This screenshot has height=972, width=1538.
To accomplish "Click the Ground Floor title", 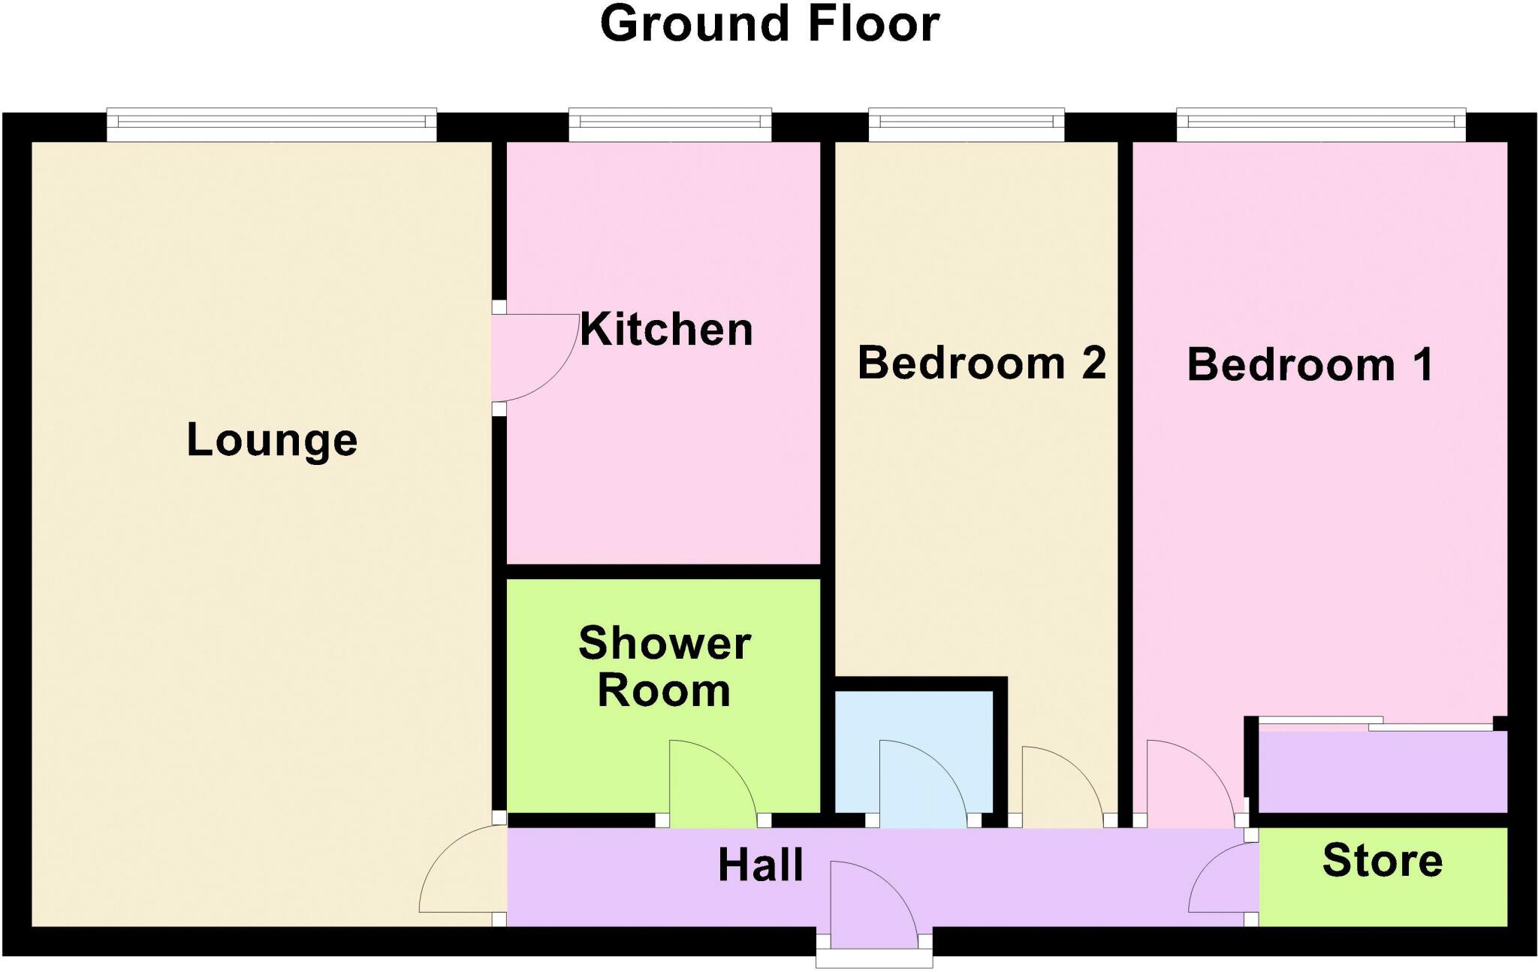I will pyautogui.click(x=770, y=24).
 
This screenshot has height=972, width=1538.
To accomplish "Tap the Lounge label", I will pyautogui.click(x=272, y=440).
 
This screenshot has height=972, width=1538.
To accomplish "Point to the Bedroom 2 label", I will pyautogui.click(x=982, y=363).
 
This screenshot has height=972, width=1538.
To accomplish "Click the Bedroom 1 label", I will pyautogui.click(x=1310, y=365).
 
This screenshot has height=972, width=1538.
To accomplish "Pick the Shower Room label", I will pyautogui.click(x=665, y=666).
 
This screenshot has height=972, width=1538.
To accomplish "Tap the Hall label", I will pyautogui.click(x=761, y=865).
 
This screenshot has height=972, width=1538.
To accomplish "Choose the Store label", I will pyautogui.click(x=1383, y=861).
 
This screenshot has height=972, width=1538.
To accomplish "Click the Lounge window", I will pyautogui.click(x=271, y=125).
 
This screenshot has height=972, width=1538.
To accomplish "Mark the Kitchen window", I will pyautogui.click(x=670, y=125).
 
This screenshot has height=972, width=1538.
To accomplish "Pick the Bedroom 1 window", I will pyautogui.click(x=1321, y=125).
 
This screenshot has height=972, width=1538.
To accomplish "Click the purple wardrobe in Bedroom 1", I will pyautogui.click(x=1383, y=772).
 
